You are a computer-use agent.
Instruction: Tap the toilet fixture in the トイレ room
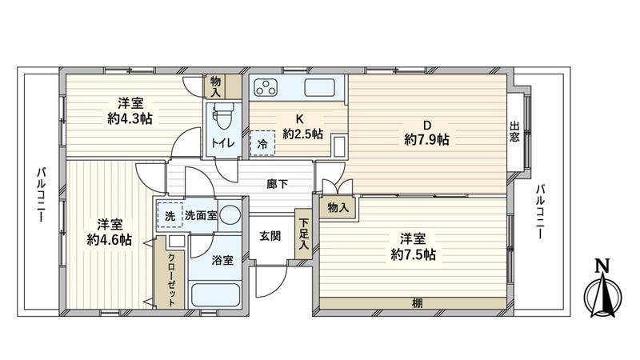click(x=220, y=118)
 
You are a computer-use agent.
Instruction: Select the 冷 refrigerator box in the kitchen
click(x=262, y=145)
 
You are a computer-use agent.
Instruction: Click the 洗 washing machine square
click(x=170, y=214)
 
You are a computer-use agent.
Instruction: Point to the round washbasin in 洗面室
click(x=229, y=214)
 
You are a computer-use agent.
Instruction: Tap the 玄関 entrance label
click(x=270, y=236)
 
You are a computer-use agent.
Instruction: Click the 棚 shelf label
click(x=417, y=302)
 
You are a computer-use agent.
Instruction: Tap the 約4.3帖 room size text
click(x=130, y=118)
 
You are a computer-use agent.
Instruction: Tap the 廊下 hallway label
click(x=278, y=184)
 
